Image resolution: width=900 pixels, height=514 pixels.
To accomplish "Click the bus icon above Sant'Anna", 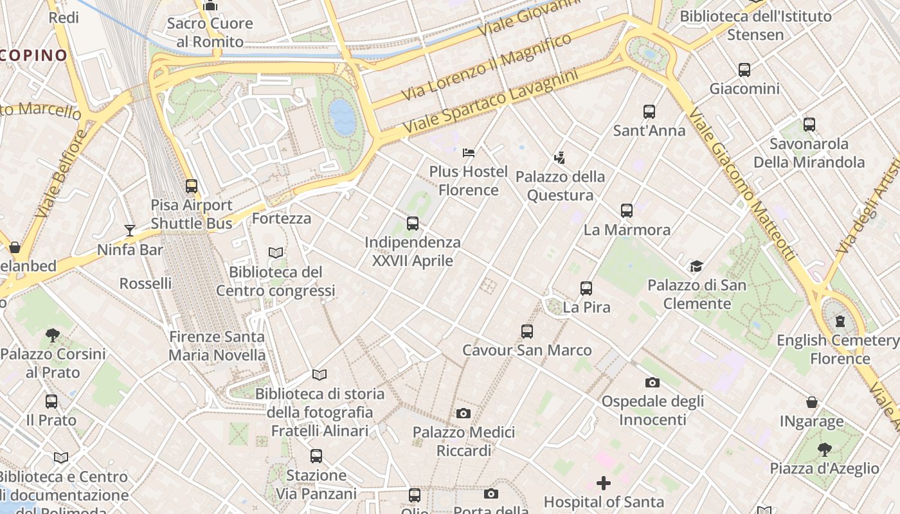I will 649,112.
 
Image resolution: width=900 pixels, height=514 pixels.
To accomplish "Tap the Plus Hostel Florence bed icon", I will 469,153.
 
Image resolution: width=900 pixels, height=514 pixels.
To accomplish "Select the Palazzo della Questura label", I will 560,186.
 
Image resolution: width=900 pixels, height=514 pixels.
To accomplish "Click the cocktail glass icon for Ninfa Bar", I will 130,230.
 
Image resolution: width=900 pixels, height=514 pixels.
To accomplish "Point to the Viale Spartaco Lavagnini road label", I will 491,103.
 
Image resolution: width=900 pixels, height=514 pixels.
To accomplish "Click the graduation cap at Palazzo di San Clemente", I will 696,266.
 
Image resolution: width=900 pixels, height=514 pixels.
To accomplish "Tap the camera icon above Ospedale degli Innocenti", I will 652,382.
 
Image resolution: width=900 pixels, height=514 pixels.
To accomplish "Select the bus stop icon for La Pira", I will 586,288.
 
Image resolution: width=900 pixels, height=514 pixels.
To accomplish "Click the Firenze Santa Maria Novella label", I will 217,346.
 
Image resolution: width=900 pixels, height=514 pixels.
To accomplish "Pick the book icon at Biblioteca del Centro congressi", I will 276,253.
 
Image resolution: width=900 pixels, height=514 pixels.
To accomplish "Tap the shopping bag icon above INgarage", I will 812,403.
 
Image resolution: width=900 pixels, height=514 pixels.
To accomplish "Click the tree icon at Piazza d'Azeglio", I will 824,449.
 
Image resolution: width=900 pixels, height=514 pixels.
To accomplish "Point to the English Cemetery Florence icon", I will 840,321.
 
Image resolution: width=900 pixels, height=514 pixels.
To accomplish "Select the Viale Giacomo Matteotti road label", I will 742,184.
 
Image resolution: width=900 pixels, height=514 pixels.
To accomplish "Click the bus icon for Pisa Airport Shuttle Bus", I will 192,186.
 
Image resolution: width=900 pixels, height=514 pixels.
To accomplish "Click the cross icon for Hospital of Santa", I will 603,483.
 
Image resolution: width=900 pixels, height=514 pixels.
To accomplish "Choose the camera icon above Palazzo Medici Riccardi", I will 464,413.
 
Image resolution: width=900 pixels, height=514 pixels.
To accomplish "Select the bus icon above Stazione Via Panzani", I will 316,456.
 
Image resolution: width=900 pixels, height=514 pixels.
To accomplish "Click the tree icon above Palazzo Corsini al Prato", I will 53,335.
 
